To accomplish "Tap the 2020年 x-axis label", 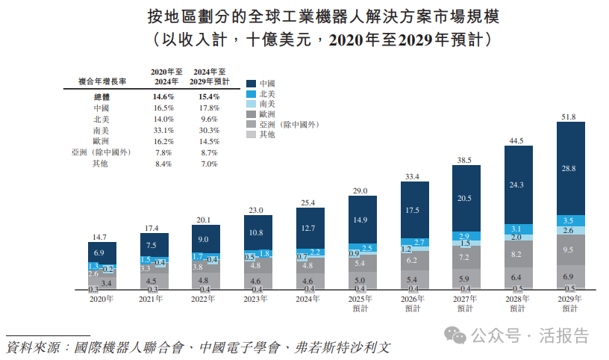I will click(x=101, y=298).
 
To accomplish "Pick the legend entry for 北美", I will click(x=266, y=94).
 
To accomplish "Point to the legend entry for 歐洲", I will click(x=266, y=114).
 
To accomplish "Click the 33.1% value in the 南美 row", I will click(x=163, y=130).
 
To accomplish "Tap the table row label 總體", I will click(x=101, y=97).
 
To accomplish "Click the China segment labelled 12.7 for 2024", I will click(x=310, y=228).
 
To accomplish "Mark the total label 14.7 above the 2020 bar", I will click(x=101, y=237).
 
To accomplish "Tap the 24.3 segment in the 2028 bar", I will click(x=518, y=184).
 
